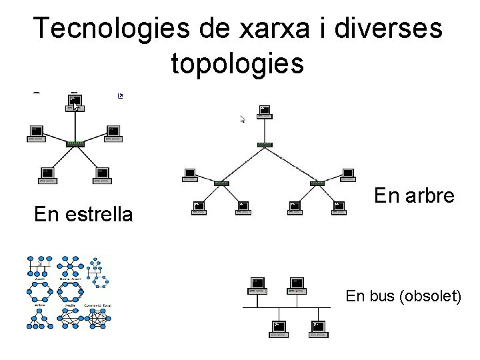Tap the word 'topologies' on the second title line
[238, 63]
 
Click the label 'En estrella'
[83, 215]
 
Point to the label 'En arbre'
[414, 195]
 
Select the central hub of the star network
[75, 143]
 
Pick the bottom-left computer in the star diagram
[46, 175]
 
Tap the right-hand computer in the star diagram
[113, 134]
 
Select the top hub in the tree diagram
[265, 144]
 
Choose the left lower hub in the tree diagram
[221, 182]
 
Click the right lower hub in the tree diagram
[316, 182]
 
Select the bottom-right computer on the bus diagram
[319, 328]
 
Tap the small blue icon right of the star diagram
[121, 96]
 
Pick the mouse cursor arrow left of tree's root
[243, 119]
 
